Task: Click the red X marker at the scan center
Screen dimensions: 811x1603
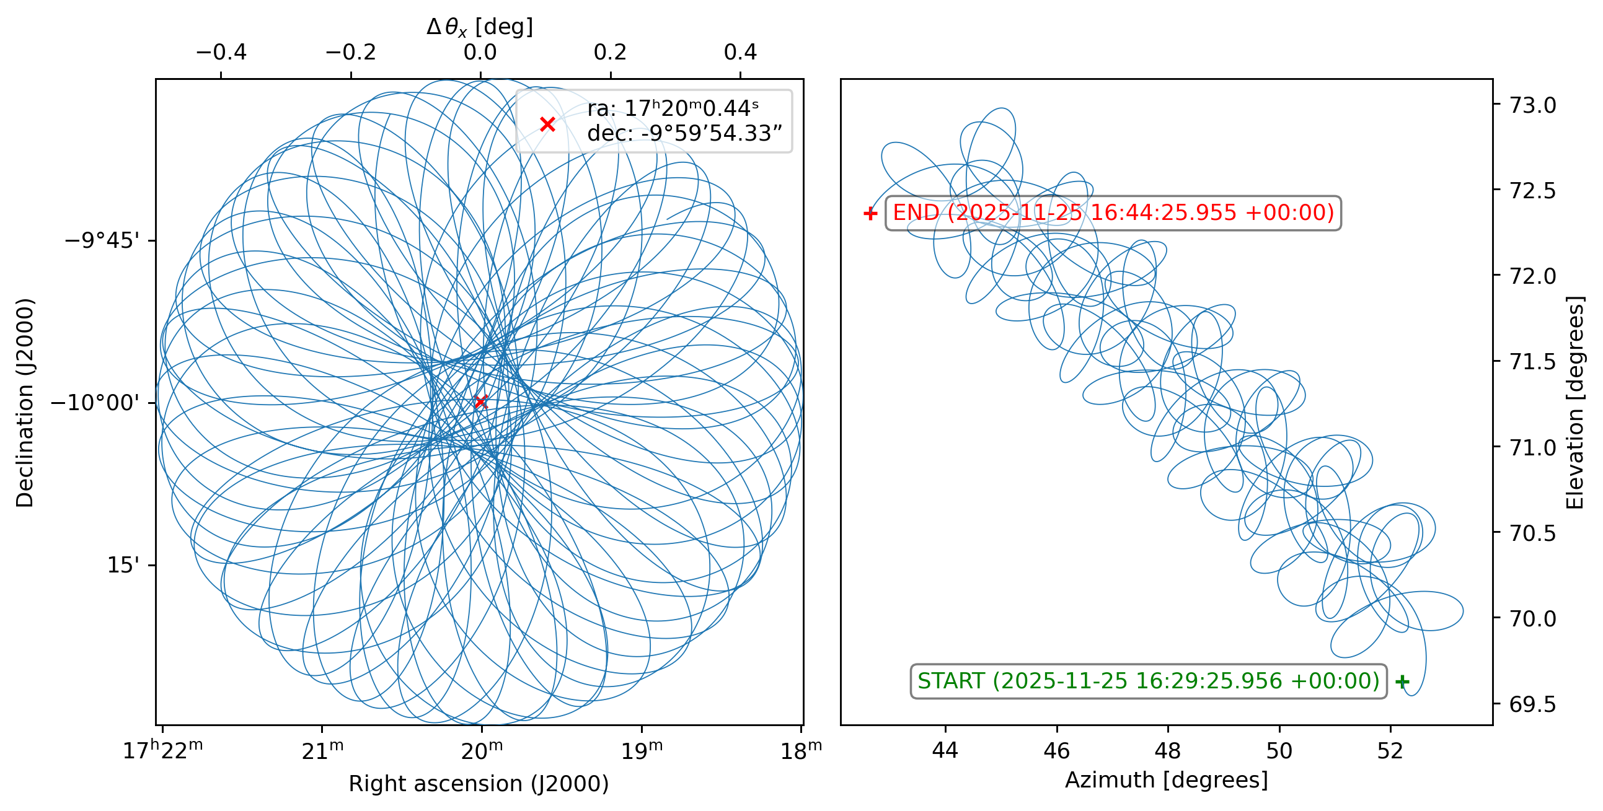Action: pyautogui.click(x=480, y=401)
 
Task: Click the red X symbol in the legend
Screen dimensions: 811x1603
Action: pyautogui.click(x=547, y=125)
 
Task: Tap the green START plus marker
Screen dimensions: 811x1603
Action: pyautogui.click(x=1402, y=682)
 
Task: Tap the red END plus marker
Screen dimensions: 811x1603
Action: pyautogui.click(x=870, y=214)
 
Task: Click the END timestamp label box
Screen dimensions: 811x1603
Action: pyautogui.click(x=1113, y=213)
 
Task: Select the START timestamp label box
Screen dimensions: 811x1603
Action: pyautogui.click(x=1148, y=681)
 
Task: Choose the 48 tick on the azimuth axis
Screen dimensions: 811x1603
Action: pyautogui.click(x=1167, y=751)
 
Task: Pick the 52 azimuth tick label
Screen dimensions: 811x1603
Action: pyautogui.click(x=1390, y=751)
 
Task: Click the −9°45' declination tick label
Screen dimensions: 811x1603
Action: pyautogui.click(x=102, y=240)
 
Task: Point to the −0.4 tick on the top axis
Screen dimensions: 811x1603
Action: pyautogui.click(x=221, y=52)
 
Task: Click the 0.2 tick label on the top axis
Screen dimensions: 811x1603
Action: pyautogui.click(x=610, y=52)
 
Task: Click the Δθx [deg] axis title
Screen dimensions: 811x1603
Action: pyautogui.click(x=480, y=27)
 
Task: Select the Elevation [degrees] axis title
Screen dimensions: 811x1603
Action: pyautogui.click(x=1576, y=403)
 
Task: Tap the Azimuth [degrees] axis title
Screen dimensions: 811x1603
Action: pyautogui.click(x=1166, y=780)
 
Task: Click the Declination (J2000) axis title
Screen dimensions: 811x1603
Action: pyautogui.click(x=25, y=403)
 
